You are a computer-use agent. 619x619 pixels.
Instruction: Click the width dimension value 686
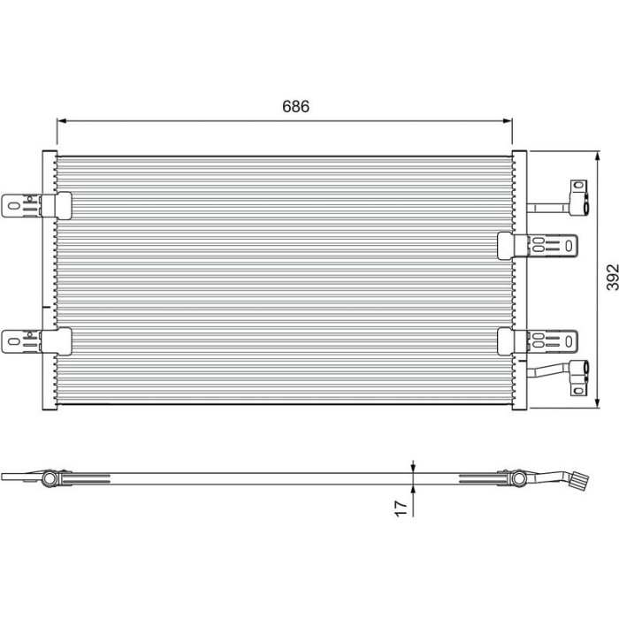pos(295,107)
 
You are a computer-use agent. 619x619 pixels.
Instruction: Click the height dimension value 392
pos(612,277)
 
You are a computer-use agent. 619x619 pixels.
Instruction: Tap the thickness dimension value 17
pos(401,508)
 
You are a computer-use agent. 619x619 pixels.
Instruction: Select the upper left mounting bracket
pos(37,206)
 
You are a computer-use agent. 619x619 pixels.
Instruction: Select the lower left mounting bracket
pos(37,341)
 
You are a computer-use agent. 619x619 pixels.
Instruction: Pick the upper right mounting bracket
pos(538,246)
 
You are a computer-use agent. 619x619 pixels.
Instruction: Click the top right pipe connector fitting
pos(579,197)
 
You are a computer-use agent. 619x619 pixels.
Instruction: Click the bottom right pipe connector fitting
pos(579,378)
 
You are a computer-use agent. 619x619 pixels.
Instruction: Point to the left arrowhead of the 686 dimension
pos(61,121)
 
